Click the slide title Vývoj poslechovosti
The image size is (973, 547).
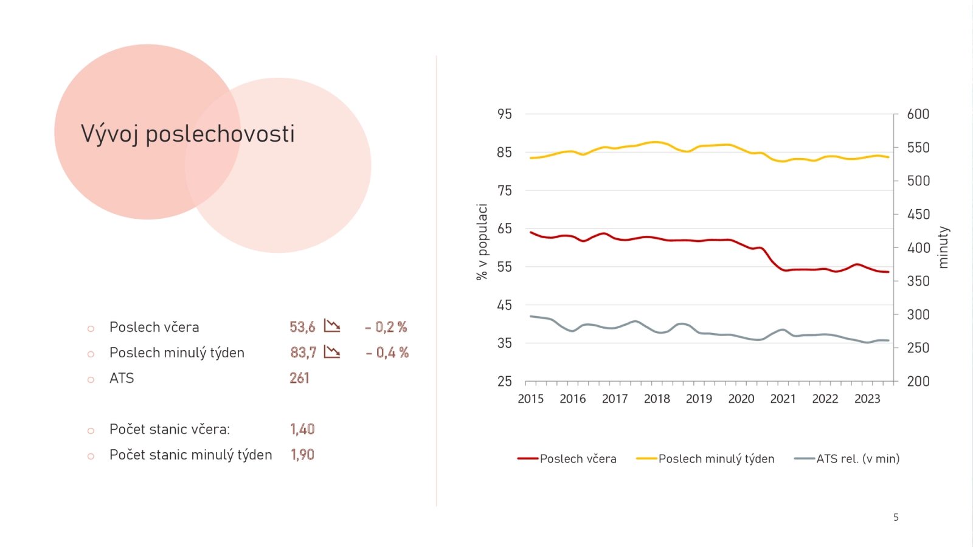(x=187, y=134)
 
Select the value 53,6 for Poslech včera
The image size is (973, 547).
(x=302, y=327)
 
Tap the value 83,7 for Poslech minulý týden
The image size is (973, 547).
(x=303, y=353)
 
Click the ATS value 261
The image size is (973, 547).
(x=299, y=378)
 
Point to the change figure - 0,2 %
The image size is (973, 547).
(x=386, y=327)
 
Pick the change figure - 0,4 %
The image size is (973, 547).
(x=387, y=353)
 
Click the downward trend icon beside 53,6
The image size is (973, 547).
(x=332, y=326)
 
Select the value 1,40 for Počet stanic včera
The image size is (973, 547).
(x=302, y=429)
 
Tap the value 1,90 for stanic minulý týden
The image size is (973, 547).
(x=302, y=455)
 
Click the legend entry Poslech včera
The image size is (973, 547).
(x=578, y=459)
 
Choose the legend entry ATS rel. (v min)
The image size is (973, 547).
(x=857, y=459)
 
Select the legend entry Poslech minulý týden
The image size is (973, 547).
(x=716, y=459)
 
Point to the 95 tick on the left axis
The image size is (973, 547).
(x=505, y=114)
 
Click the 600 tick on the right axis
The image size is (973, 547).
(x=918, y=114)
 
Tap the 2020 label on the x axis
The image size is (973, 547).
(x=741, y=399)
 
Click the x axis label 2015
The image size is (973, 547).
(x=530, y=399)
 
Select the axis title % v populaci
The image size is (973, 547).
(x=482, y=241)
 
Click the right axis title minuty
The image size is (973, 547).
(x=943, y=247)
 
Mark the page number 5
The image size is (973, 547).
(x=896, y=517)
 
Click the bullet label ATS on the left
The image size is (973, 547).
(x=122, y=378)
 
